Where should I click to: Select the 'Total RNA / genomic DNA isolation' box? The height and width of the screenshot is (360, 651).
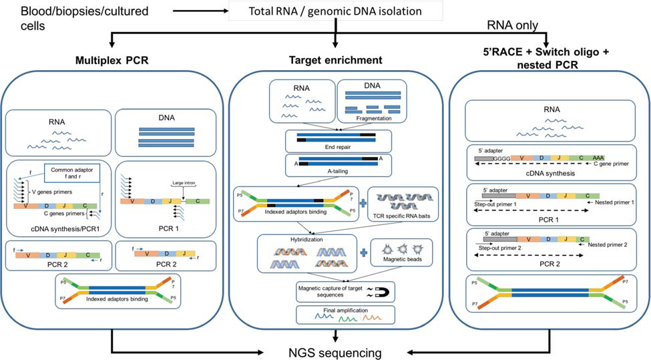(335, 11)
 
